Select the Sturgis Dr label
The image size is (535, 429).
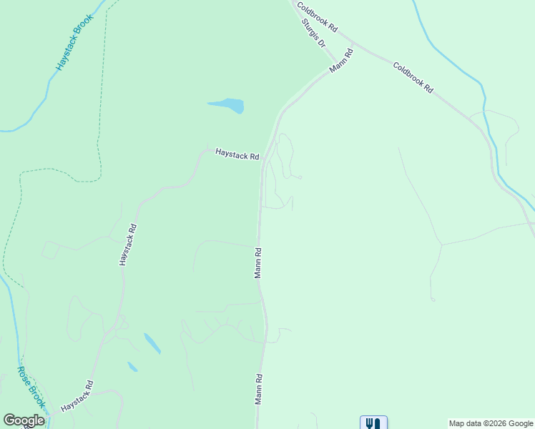click(x=313, y=32)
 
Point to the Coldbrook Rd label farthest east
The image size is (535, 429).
click(x=413, y=77)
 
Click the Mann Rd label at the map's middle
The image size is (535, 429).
click(x=258, y=262)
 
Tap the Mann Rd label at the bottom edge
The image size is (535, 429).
click(x=258, y=389)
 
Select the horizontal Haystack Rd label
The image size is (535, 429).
click(x=237, y=154)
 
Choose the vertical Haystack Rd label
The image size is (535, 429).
click(x=127, y=245)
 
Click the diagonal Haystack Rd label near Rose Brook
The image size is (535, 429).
click(x=77, y=395)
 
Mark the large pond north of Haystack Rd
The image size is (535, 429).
click(x=228, y=106)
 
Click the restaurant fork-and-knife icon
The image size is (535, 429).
click(x=373, y=423)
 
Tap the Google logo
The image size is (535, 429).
click(x=24, y=420)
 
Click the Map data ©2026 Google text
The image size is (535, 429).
click(x=491, y=423)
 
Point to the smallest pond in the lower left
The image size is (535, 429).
click(x=132, y=367)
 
